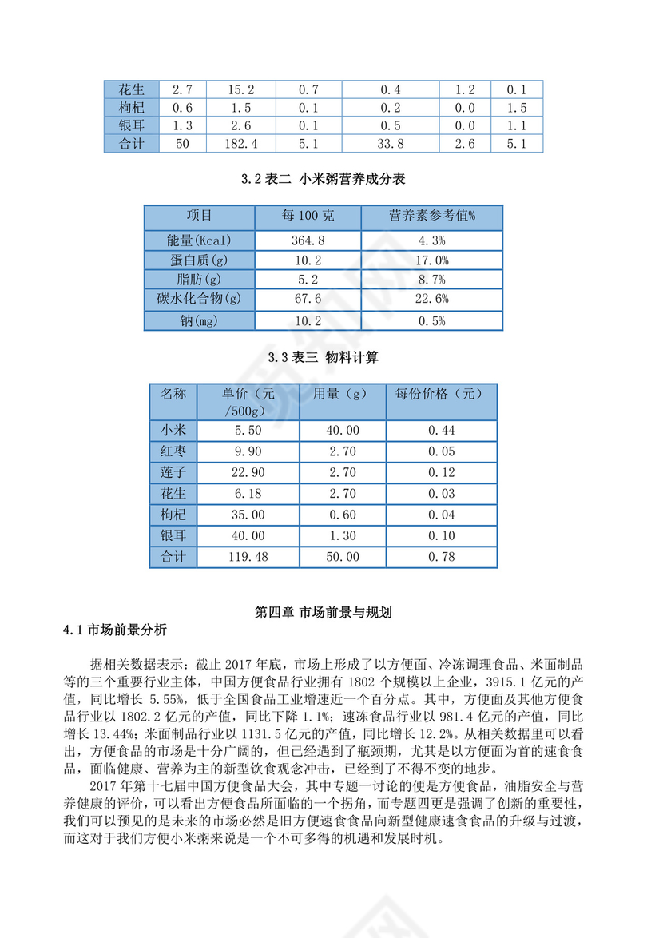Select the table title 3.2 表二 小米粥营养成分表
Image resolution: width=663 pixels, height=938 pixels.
tap(324, 180)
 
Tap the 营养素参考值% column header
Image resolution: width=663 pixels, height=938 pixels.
tap(431, 216)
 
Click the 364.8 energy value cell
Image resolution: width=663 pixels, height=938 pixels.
tap(308, 240)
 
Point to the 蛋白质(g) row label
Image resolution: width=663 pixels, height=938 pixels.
tap(199, 260)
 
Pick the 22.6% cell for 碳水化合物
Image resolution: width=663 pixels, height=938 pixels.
tap(431, 300)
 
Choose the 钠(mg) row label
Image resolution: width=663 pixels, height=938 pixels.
tap(199, 321)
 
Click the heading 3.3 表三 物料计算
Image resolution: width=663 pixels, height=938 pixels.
tap(324, 359)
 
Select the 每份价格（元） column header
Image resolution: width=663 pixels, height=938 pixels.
tap(441, 394)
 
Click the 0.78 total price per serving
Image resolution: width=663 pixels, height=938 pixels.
tap(441, 557)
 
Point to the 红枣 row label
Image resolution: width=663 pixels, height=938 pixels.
tap(173, 452)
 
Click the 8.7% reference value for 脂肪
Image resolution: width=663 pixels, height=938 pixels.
tap(431, 280)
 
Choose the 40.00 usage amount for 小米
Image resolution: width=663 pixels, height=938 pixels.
tap(343, 431)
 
